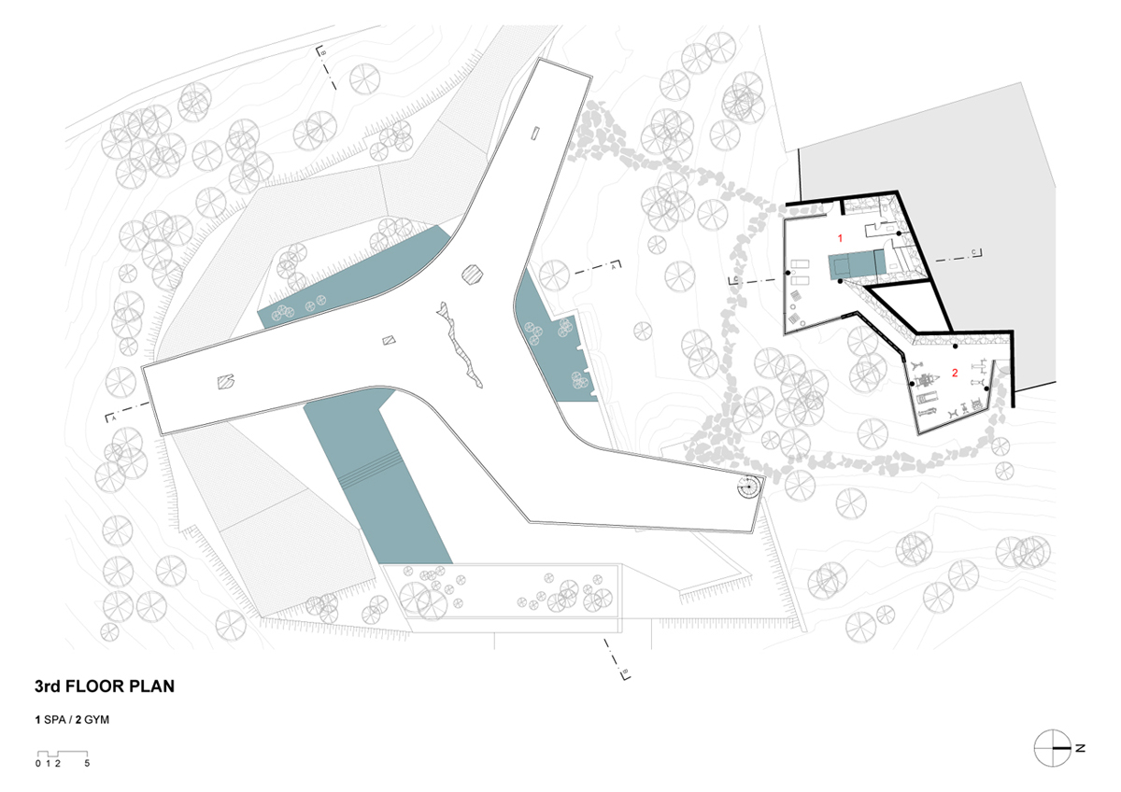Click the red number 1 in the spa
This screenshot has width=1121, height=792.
coord(840,238)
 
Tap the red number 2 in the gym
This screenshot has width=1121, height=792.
coord(955,373)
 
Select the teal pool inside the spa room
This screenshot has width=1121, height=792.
coord(857,265)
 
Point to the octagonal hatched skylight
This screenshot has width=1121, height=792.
coord(472,275)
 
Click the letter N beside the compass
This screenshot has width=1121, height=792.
coord(1080,762)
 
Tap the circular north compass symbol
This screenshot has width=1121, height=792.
coord(1053,762)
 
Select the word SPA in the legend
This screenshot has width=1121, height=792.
coord(55,719)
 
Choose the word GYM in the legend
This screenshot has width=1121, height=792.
coord(96,719)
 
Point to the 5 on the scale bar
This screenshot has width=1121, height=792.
coord(87,763)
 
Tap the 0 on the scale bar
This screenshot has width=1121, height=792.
coord(38,763)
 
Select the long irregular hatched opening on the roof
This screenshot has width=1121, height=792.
coord(460,345)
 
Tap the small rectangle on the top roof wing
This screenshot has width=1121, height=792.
coord(535,133)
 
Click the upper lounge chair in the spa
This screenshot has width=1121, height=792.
coord(800,263)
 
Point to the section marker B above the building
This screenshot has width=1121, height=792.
coord(321,51)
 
